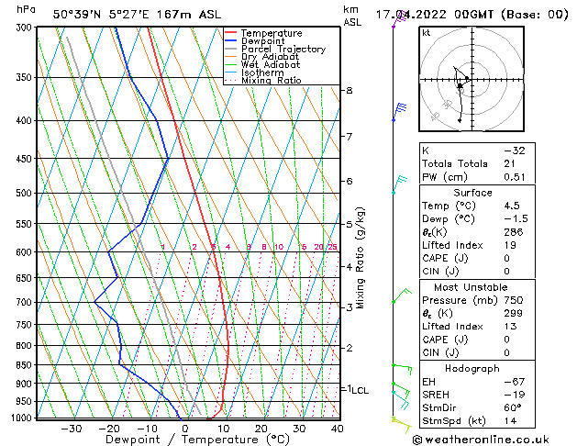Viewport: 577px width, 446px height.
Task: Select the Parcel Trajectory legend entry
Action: (x=283, y=49)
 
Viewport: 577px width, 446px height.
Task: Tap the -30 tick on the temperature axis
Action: (x=72, y=429)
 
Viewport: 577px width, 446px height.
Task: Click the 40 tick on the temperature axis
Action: (x=337, y=429)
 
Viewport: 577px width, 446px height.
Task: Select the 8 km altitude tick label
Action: (x=349, y=91)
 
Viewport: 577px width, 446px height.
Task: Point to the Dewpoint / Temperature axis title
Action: (x=184, y=440)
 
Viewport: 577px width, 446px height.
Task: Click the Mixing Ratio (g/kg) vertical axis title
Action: (x=361, y=257)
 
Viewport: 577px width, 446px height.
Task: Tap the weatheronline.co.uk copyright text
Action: (x=494, y=438)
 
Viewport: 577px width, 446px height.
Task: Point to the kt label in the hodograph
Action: (x=427, y=33)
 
